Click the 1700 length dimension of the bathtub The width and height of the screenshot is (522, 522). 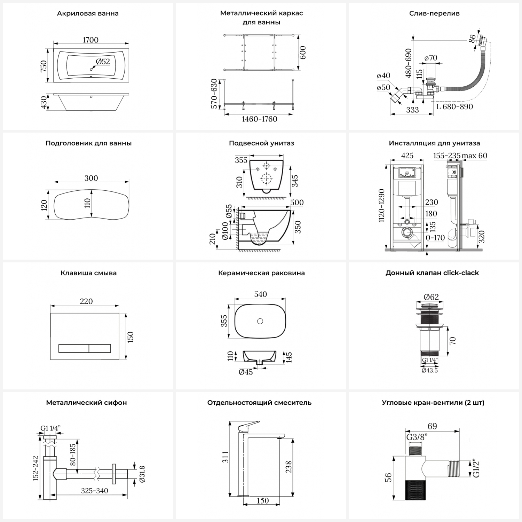tap(90, 40)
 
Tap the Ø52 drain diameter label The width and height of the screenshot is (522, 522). tap(103, 62)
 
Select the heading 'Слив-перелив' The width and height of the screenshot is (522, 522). tap(434, 14)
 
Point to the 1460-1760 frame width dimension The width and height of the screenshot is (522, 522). tap(260, 119)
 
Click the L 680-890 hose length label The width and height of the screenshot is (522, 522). tap(455, 106)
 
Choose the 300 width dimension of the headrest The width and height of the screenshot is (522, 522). tap(91, 178)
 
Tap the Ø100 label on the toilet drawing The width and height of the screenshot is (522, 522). tap(225, 231)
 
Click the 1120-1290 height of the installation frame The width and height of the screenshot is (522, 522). tap(382, 206)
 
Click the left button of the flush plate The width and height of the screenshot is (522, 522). tap(73, 348)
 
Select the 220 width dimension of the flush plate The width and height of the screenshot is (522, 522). tap(86, 301)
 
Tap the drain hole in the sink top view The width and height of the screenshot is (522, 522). tap(260, 321)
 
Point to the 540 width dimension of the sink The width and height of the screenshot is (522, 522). tap(260, 294)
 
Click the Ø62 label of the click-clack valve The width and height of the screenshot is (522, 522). tap(431, 297)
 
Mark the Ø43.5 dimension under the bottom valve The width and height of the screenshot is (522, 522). tap(430, 371)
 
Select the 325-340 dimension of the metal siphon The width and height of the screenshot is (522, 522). tap(95, 491)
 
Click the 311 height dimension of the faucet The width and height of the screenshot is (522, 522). tap(226, 457)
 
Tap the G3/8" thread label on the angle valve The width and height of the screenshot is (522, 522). tap(417, 437)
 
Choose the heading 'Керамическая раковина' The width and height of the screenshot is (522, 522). tap(261, 273)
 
